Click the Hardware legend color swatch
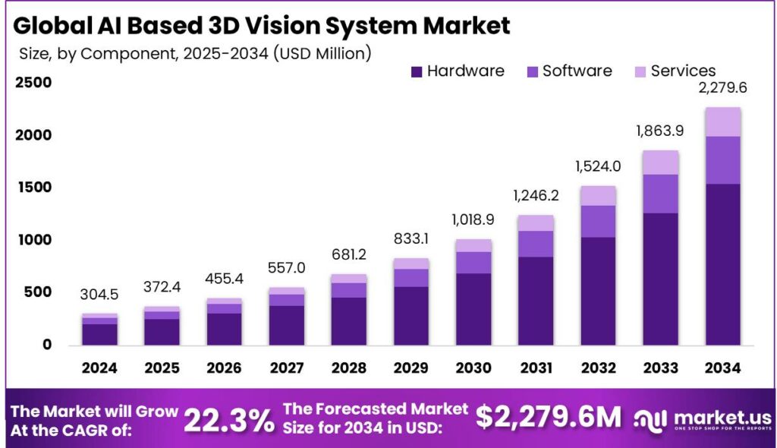pyautogui.click(x=416, y=72)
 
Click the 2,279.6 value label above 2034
pyautogui.click(x=722, y=88)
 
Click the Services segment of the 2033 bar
pyautogui.click(x=659, y=162)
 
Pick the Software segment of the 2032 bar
pyautogui.click(x=597, y=221)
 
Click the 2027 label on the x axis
pyautogui.click(x=286, y=368)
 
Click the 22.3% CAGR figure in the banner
pyautogui.click(x=229, y=419)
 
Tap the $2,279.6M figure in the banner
pyautogui.click(x=548, y=417)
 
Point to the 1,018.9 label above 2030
pyautogui.click(x=473, y=222)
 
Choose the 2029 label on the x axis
pyautogui.click(x=411, y=368)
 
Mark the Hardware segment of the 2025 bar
pyautogui.click(x=162, y=331)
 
